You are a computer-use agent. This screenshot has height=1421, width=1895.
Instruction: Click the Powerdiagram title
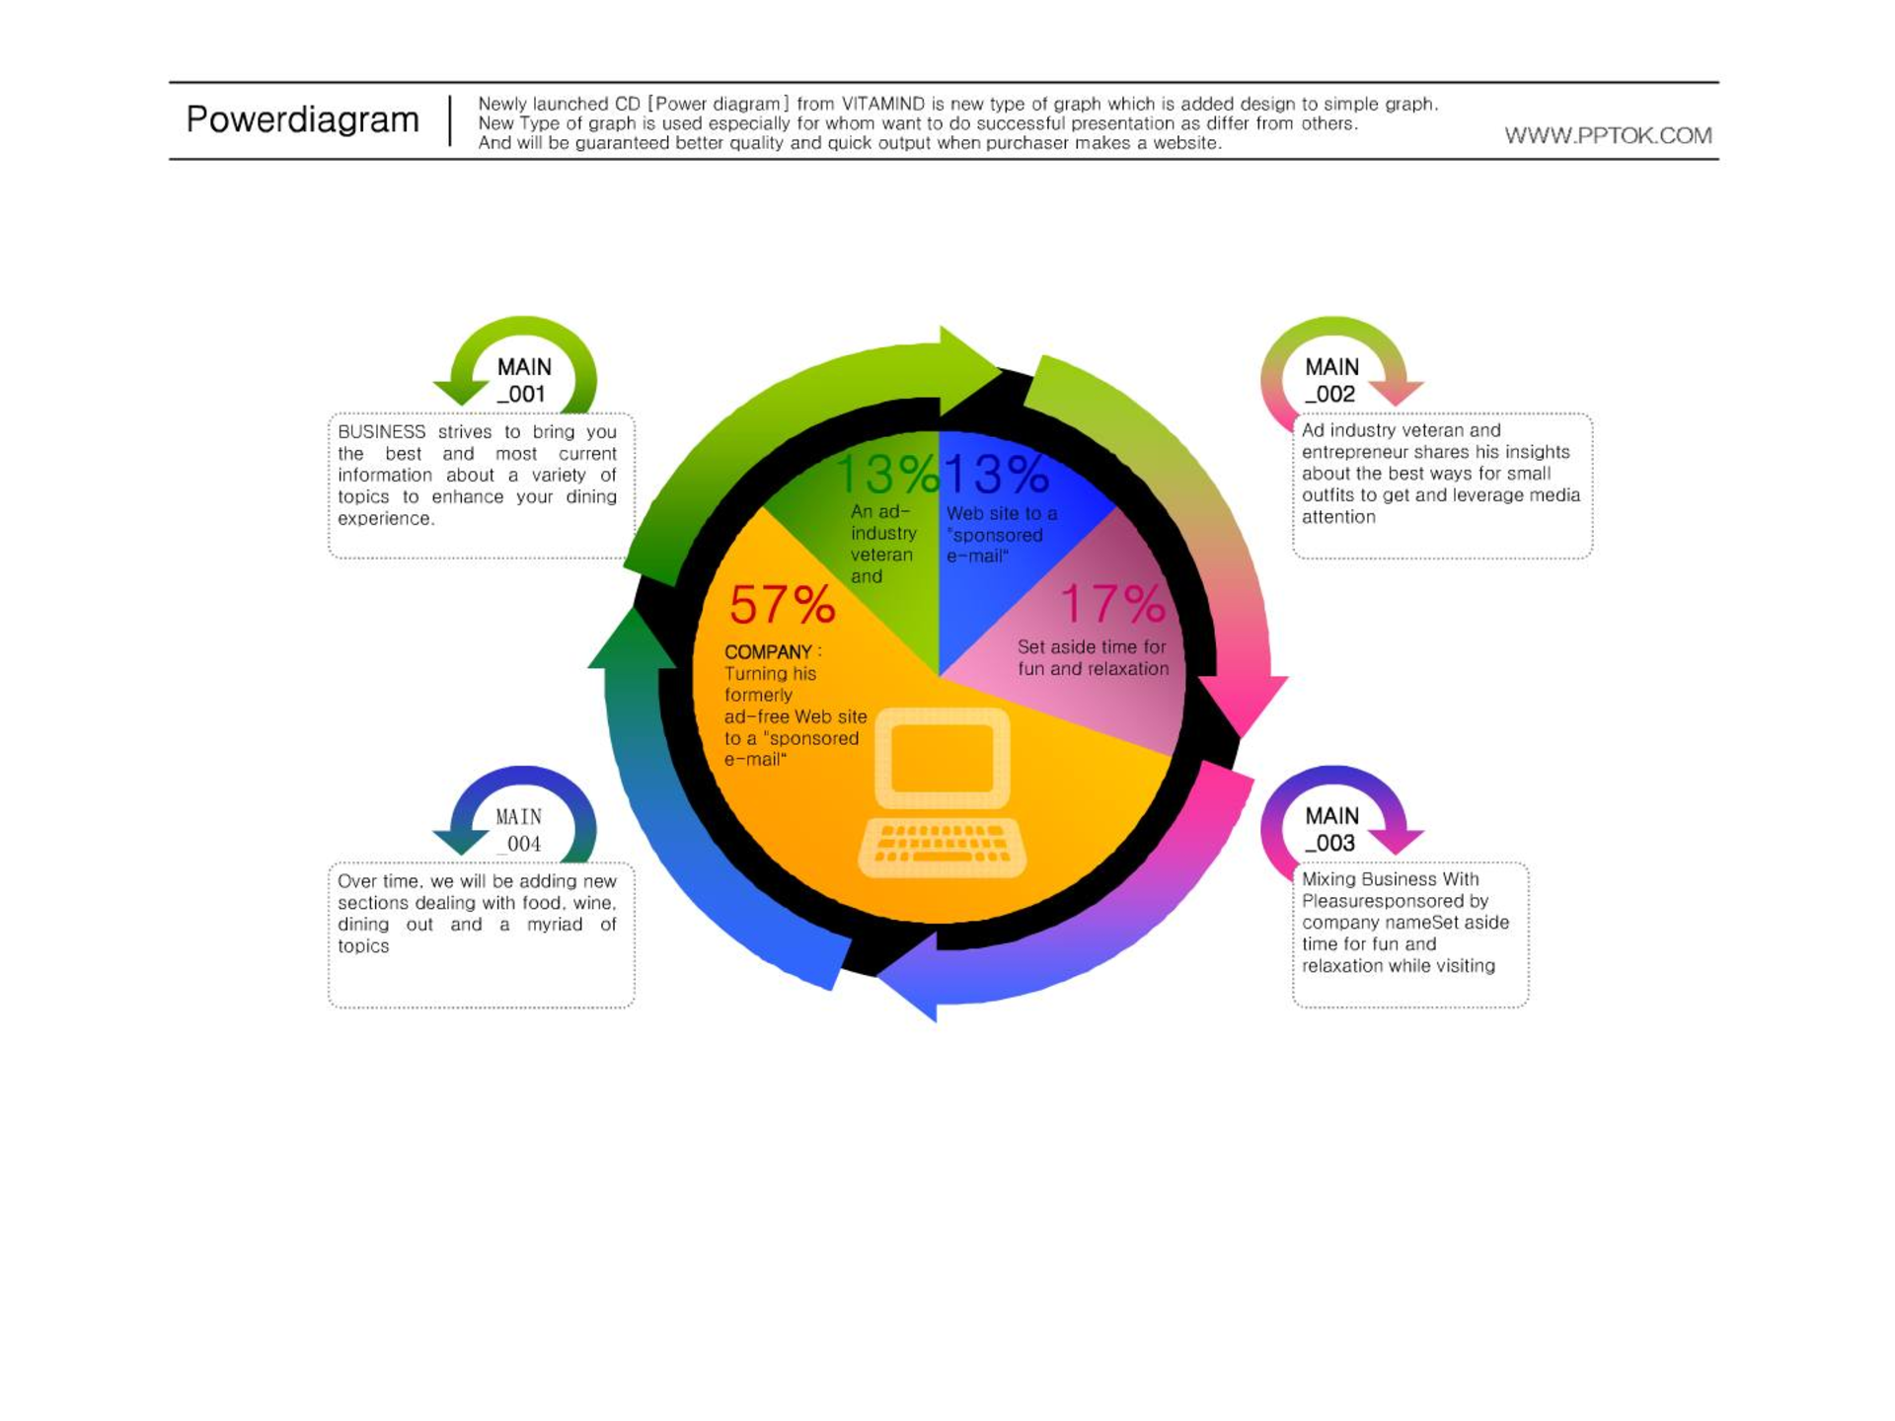click(x=303, y=120)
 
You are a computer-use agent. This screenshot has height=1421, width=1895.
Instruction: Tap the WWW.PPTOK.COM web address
click(x=1608, y=136)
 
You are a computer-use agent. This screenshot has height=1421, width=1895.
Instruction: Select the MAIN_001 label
click(x=523, y=381)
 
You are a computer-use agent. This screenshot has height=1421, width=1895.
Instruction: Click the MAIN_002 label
click(x=1331, y=381)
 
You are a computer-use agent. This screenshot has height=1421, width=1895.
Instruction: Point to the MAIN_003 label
click(x=1331, y=830)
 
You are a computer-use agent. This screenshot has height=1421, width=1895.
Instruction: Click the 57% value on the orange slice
click(x=782, y=605)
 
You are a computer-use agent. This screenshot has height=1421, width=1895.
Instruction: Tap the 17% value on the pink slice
click(x=1112, y=604)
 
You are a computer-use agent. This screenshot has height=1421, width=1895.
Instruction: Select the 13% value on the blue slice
click(x=997, y=475)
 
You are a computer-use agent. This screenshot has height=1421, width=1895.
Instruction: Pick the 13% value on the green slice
click(x=886, y=475)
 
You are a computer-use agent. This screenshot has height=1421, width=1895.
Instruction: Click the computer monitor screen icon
click(x=942, y=758)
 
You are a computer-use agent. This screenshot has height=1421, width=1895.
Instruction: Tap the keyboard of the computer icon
click(x=942, y=847)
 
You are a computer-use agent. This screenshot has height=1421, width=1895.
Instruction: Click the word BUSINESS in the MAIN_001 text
click(x=382, y=432)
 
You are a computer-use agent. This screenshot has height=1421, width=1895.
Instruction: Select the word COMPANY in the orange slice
click(x=768, y=652)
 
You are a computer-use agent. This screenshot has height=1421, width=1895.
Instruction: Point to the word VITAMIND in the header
click(x=883, y=104)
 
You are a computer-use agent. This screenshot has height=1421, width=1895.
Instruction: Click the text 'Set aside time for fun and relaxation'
click(x=1093, y=658)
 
